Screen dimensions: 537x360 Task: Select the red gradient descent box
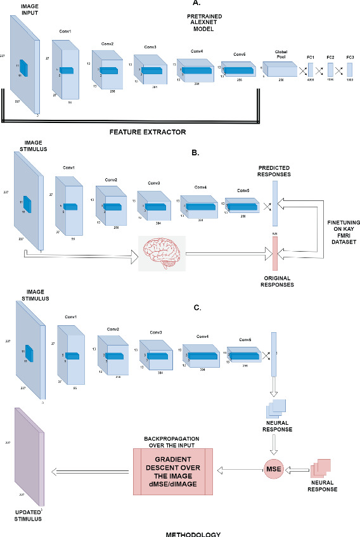173,471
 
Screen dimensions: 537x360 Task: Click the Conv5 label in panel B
243,190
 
